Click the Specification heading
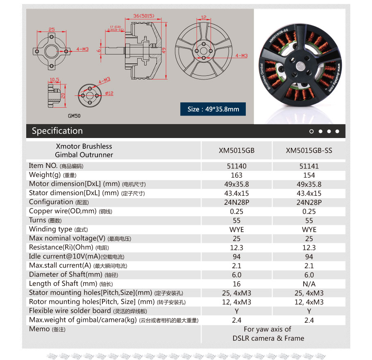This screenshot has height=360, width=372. (57, 131)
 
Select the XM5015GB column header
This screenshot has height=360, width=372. (237, 150)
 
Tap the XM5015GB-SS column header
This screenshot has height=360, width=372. (309, 150)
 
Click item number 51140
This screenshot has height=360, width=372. (237, 166)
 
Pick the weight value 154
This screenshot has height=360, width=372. (309, 175)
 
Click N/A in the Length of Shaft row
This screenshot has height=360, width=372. (309, 284)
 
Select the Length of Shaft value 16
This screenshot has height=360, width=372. (237, 284)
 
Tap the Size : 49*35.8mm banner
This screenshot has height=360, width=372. (213, 109)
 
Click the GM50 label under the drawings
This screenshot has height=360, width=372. (75, 116)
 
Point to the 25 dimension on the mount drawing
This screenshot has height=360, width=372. (52, 29)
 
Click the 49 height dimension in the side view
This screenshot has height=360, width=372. (163, 51)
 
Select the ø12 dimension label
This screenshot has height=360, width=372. (109, 93)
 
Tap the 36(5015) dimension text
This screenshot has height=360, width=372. (143, 16)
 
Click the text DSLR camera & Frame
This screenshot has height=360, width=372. (268, 338)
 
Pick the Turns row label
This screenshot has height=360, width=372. (37, 220)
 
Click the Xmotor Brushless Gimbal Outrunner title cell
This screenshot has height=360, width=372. (84, 150)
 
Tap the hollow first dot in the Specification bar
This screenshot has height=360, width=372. (312, 131)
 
